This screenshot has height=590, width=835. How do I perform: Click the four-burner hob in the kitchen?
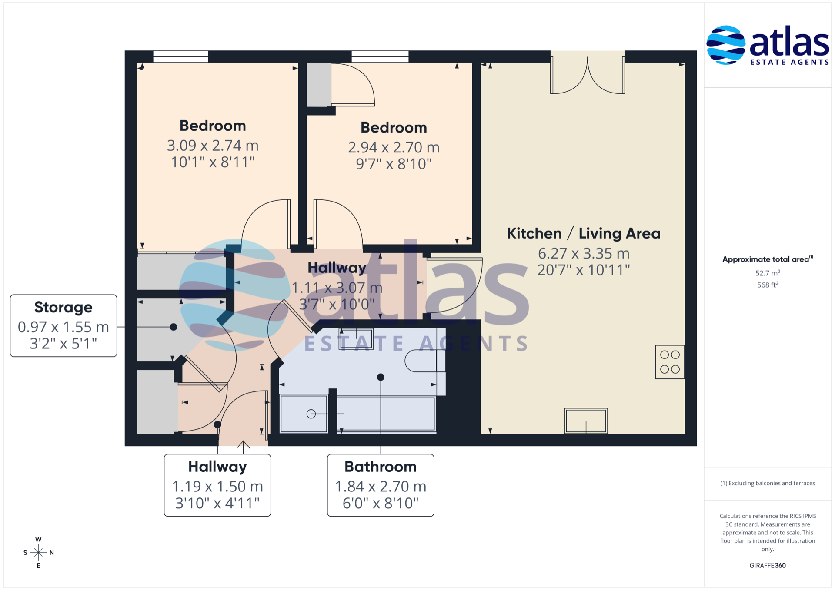(x=670, y=362)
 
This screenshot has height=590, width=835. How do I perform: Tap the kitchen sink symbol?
(x=586, y=421)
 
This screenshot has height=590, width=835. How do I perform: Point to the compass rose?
(x=38, y=553)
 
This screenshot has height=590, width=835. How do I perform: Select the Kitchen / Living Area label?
(x=584, y=233)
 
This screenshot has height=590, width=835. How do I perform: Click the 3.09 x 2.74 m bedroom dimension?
(x=213, y=145)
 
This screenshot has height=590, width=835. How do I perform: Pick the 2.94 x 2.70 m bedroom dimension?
(x=394, y=147)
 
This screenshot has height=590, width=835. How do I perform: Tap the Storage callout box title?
(x=63, y=307)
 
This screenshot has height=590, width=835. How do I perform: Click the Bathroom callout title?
(x=381, y=467)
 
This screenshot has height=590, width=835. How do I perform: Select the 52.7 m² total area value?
(x=768, y=273)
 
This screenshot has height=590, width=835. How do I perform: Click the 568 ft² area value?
(x=768, y=285)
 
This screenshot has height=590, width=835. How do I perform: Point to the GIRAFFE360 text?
(x=768, y=565)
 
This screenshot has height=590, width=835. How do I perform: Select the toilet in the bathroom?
(x=424, y=361)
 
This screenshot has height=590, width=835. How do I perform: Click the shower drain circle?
(x=311, y=414)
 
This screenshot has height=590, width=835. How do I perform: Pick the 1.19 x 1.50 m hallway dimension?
(x=217, y=486)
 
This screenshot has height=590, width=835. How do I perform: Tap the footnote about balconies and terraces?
(x=768, y=483)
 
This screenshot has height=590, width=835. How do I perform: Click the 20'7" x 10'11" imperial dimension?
(x=584, y=270)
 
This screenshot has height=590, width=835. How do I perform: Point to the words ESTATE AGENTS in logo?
(x=790, y=62)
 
